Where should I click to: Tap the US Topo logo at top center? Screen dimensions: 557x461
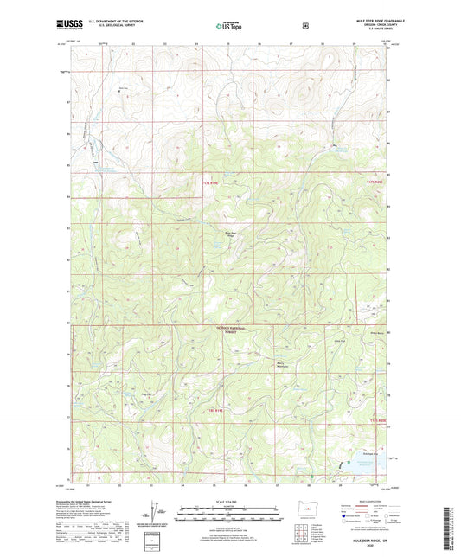[x=229, y=27]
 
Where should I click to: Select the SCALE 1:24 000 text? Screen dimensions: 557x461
[x=229, y=502]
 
